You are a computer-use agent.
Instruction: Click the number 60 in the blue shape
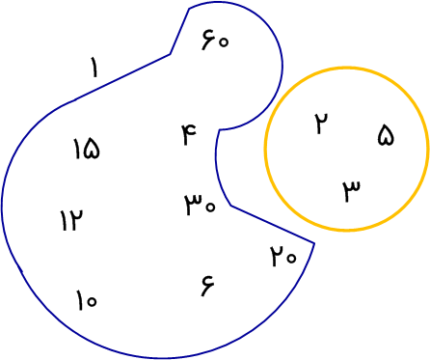(x=215, y=40)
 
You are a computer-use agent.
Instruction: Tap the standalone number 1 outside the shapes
(x=94, y=67)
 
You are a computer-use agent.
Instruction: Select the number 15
(x=87, y=149)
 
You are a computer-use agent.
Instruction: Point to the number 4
(x=190, y=134)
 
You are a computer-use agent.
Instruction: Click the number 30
(x=200, y=205)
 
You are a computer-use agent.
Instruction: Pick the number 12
(x=72, y=220)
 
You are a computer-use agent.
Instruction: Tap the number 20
(x=283, y=256)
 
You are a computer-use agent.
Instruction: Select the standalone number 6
(x=207, y=286)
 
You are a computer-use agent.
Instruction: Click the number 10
(x=86, y=300)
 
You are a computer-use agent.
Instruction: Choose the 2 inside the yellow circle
(x=321, y=124)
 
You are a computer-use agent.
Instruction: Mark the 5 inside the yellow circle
(x=386, y=135)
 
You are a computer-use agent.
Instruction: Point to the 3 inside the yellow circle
(x=351, y=191)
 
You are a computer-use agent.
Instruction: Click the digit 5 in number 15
(x=92, y=149)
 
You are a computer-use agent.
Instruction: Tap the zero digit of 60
(x=223, y=42)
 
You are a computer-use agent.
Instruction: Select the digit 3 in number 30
(x=193, y=205)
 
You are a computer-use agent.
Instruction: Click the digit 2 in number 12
(x=76, y=220)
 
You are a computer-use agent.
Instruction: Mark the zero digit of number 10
(x=91, y=301)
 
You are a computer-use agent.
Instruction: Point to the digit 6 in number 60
(x=208, y=40)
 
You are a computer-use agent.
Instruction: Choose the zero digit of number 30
(x=210, y=207)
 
